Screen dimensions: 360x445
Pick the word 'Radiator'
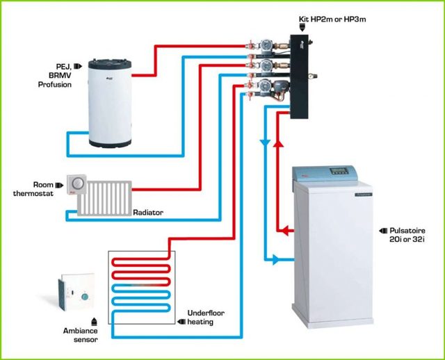148,213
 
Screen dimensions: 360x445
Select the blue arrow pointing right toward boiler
275,260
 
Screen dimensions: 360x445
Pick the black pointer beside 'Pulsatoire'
383,229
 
